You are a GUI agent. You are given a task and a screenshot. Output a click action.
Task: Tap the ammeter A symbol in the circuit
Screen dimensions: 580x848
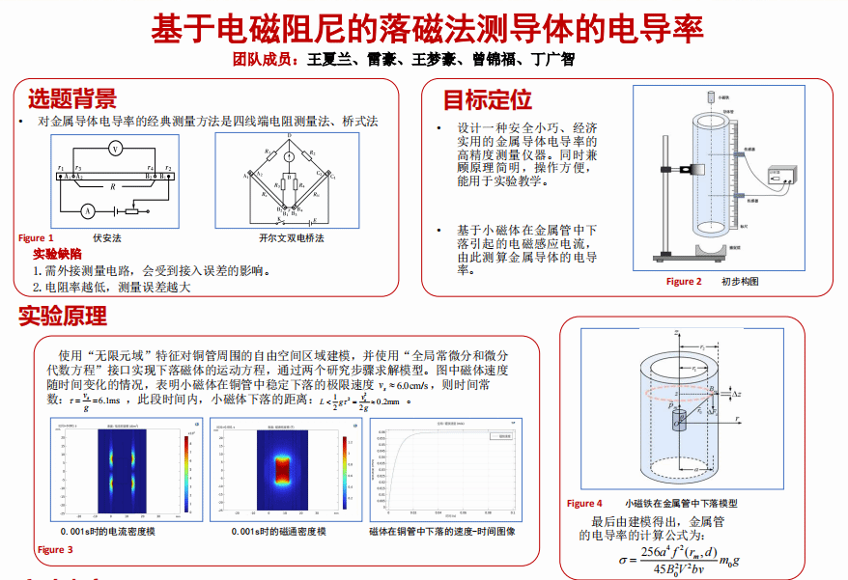(85, 209)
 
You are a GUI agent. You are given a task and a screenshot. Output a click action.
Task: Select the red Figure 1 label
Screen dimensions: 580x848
(36, 237)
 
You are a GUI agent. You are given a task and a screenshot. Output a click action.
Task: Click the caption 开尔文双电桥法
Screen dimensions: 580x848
(291, 237)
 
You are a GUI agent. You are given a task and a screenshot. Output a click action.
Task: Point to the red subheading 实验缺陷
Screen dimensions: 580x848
(57, 254)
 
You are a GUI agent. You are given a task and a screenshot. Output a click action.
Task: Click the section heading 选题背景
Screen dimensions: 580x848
(71, 98)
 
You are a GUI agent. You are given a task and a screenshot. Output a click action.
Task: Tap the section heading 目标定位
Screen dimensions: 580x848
(487, 99)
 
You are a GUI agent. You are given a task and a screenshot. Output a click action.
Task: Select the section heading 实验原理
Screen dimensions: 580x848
(63, 316)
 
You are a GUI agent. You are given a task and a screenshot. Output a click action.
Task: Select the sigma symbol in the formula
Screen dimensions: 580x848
(623, 559)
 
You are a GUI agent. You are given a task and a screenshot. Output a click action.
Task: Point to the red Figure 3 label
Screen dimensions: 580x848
(55, 550)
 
